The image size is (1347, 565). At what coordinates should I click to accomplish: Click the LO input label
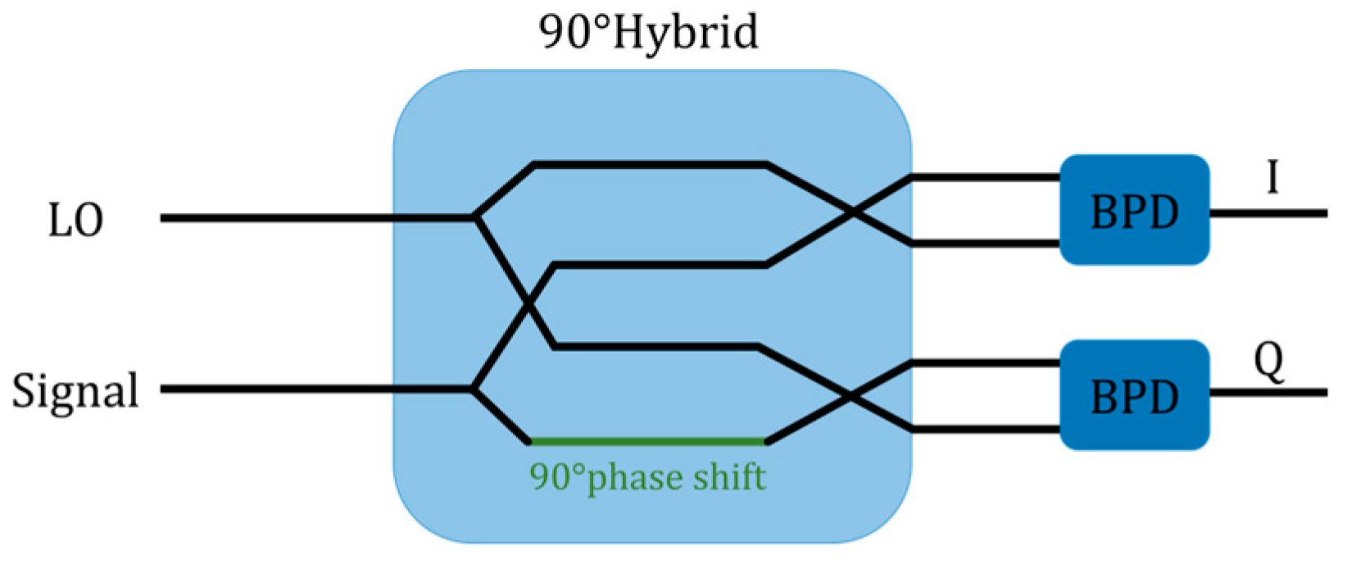pyautogui.click(x=76, y=221)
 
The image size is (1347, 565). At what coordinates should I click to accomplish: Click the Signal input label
pyautogui.click(x=75, y=391)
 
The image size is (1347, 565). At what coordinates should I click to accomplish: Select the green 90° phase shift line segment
pyautogui.click(x=648, y=442)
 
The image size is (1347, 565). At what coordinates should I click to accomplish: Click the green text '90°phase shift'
pyautogui.click(x=648, y=476)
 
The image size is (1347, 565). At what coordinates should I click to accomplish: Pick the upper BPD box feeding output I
pyautogui.click(x=1134, y=211)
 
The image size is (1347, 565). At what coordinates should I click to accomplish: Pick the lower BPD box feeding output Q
pyautogui.click(x=1134, y=396)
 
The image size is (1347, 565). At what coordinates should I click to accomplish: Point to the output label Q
pyautogui.click(x=1269, y=362)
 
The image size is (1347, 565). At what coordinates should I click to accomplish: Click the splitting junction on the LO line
pyautogui.click(x=475, y=218)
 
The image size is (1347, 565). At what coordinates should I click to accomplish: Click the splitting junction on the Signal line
pyautogui.click(x=473, y=389)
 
